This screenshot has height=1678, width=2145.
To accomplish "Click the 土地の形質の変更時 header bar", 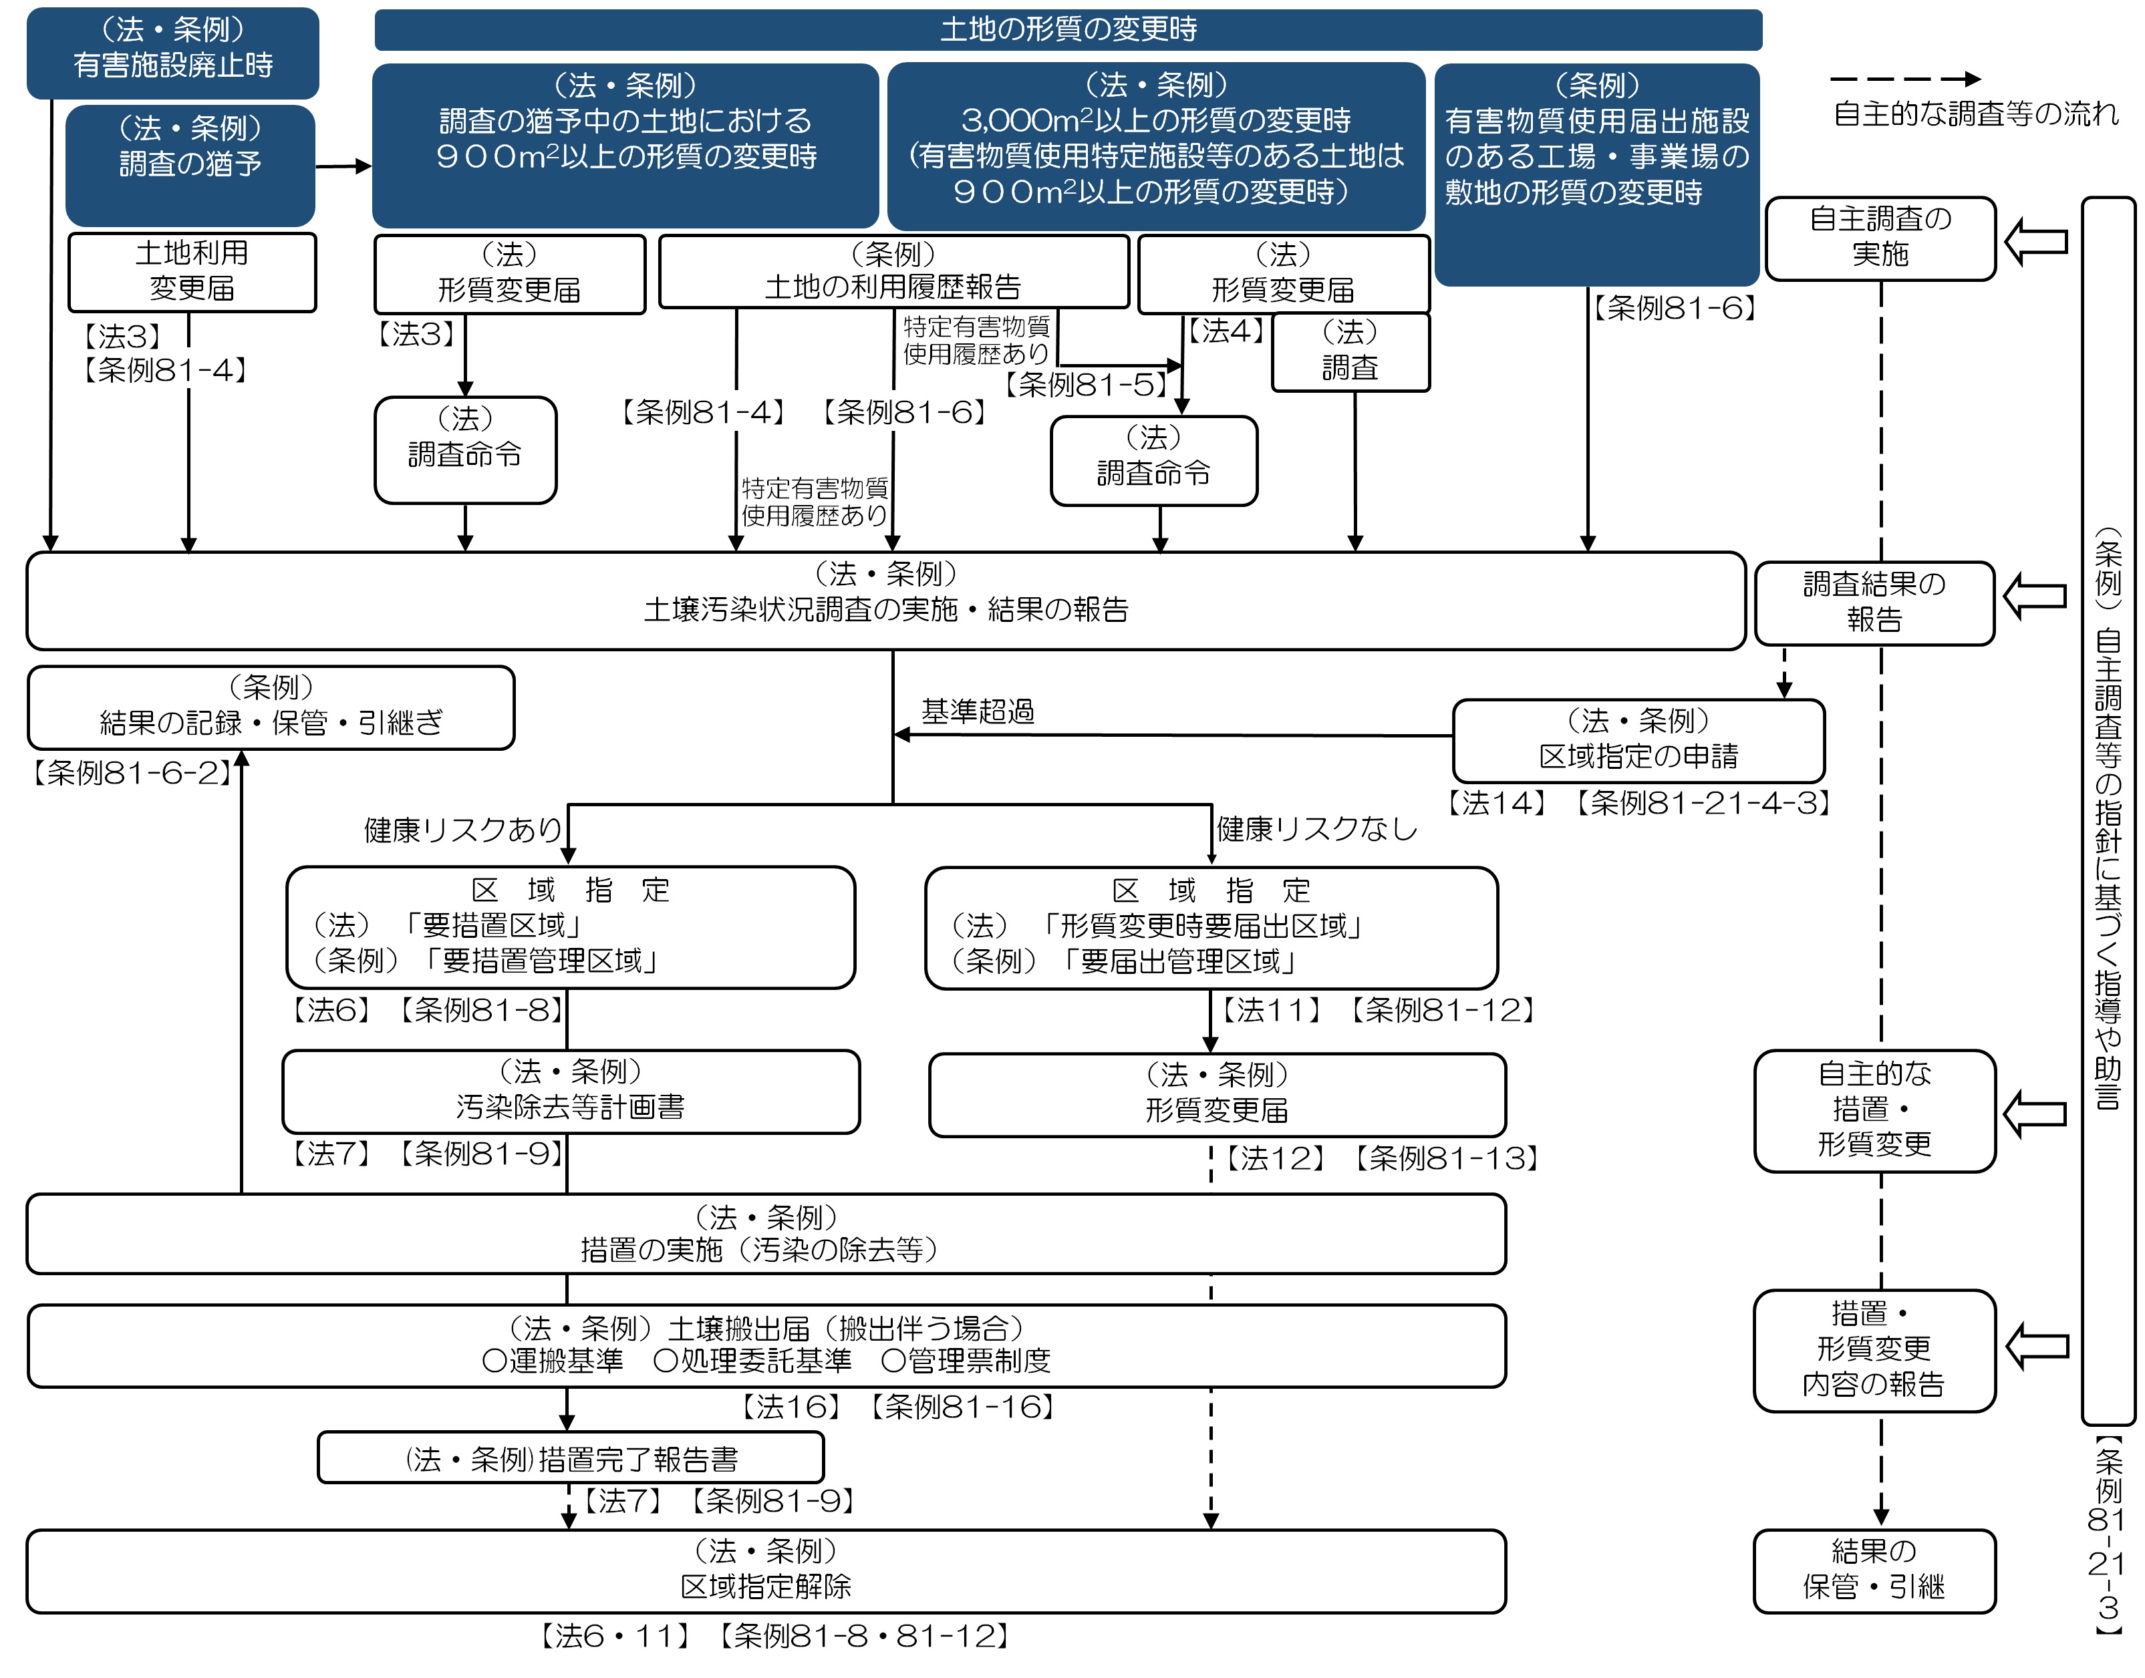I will (x=1068, y=29).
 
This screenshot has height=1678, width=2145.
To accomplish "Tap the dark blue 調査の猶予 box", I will (x=190, y=164).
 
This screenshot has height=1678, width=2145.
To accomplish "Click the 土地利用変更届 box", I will (x=192, y=272).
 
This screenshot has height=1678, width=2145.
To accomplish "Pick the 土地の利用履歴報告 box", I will (x=893, y=272).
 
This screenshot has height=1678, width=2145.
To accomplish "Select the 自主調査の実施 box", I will (x=1880, y=238).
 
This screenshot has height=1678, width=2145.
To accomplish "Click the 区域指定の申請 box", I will (x=1638, y=739).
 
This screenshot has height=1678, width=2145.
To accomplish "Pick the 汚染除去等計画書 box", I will (x=571, y=1091).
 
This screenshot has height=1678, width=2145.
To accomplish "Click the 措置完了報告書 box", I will (x=571, y=1458).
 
